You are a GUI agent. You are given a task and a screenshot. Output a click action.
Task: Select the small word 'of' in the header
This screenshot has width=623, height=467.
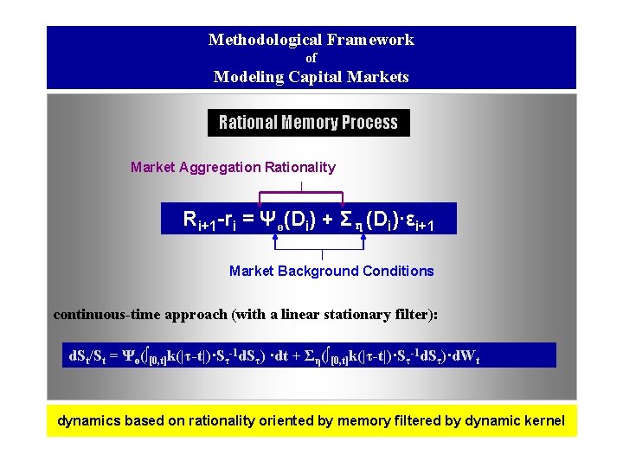pos(311,58)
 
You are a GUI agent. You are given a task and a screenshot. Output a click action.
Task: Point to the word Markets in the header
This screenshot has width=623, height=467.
pos(378,77)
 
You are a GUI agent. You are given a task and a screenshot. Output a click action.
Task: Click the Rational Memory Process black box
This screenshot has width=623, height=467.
pos(308,123)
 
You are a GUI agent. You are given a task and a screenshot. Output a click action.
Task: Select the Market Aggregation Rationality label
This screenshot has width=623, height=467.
pos(233,167)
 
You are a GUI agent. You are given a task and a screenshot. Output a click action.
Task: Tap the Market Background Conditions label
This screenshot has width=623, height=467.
pos(331,271)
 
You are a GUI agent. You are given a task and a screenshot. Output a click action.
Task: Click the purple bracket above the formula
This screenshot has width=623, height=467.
pos(301,193)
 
